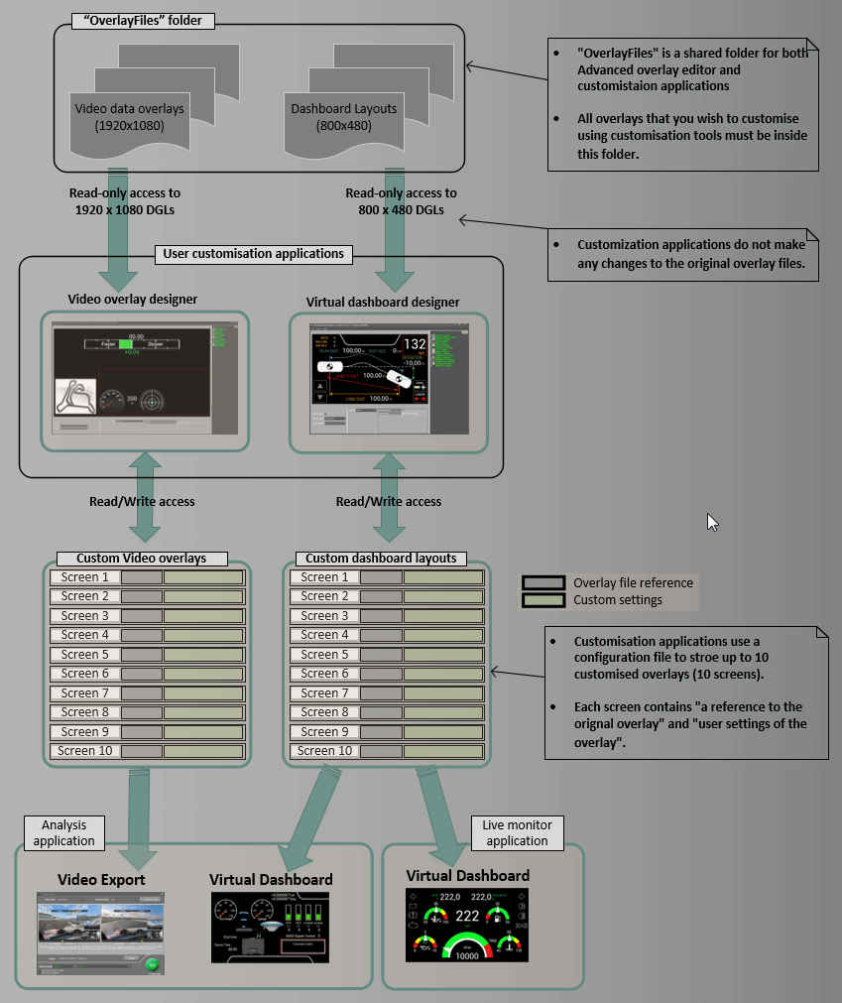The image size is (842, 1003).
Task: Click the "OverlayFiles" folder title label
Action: point(143,20)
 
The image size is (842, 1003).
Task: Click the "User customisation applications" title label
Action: point(253,254)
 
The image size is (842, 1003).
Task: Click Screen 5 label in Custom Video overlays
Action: point(85,654)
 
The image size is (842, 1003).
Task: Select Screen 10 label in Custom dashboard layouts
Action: point(324,751)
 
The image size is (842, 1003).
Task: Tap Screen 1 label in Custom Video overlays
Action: point(85,576)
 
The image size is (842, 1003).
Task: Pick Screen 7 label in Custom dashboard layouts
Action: point(324,692)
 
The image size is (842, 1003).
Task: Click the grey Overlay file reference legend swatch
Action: point(543,582)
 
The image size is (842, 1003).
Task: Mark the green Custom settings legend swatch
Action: point(543,599)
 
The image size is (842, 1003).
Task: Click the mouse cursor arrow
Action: point(711,522)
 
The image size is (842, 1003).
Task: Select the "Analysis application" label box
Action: point(64,832)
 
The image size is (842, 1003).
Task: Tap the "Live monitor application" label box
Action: point(517,832)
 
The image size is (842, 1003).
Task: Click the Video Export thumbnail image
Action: point(100,933)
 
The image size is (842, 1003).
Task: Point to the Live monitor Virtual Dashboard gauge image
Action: point(466,925)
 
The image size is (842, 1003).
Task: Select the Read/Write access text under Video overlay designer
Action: point(142,501)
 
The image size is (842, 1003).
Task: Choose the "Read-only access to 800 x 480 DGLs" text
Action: point(401,201)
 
